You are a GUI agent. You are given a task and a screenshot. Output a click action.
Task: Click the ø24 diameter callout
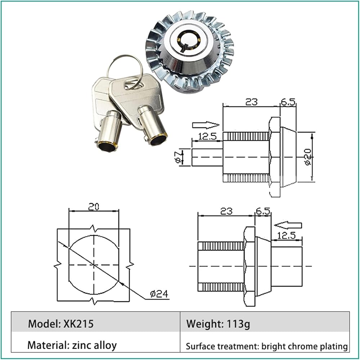tap(159, 294)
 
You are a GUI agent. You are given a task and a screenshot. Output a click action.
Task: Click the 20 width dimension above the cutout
tap(94, 207)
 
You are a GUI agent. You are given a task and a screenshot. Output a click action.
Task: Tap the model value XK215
tap(78, 324)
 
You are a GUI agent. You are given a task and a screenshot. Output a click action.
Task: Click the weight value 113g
tap(238, 324)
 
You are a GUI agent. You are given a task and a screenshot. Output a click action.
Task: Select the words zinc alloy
tap(94, 345)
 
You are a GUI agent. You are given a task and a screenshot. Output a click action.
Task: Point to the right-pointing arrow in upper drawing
tap(206, 125)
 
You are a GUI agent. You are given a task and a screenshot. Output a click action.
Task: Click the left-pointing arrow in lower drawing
tap(288, 225)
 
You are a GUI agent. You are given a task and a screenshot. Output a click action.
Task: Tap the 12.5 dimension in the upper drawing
tap(207, 136)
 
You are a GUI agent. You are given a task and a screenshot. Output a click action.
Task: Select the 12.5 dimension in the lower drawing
tap(286, 235)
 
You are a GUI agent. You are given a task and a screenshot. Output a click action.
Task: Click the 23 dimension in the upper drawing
tap(251, 102)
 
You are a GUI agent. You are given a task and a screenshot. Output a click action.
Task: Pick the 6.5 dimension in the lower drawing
tap(263, 211)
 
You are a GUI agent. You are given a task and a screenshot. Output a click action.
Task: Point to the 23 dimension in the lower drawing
tap(226, 211)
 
